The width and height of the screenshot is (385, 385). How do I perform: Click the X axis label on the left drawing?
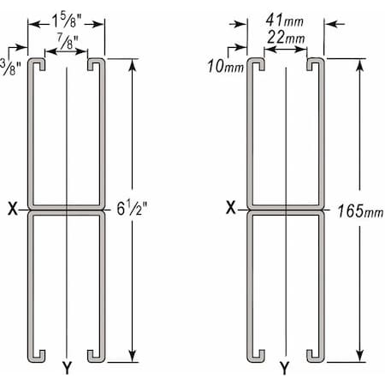coord(12,207)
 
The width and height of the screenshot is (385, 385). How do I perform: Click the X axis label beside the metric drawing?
coord(231,207)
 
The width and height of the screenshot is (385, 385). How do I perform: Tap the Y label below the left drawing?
coord(66,370)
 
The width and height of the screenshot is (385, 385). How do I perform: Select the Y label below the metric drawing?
coord(285,370)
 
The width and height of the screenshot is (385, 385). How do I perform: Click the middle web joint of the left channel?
coord(66,208)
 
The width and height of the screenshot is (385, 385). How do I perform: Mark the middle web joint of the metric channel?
coord(286,208)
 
